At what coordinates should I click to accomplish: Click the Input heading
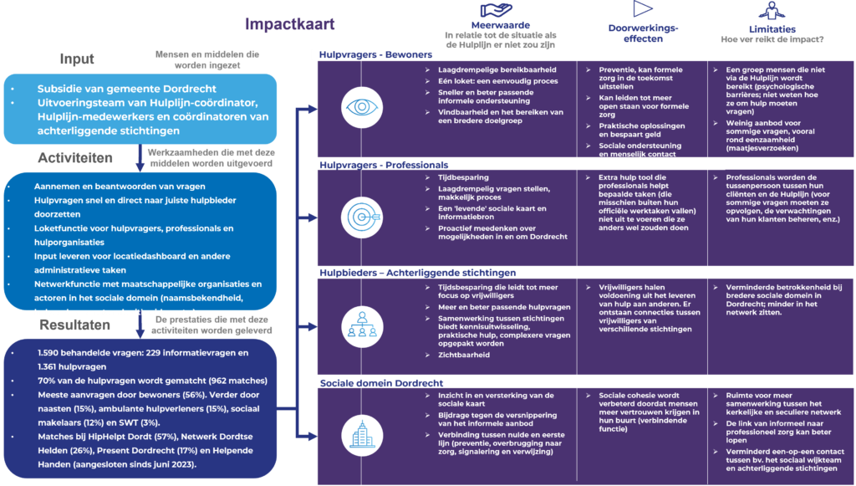(77, 59)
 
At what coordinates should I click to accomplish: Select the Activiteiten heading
(75, 158)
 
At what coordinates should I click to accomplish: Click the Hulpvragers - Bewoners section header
(375, 54)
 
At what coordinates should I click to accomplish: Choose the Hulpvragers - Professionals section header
(384, 165)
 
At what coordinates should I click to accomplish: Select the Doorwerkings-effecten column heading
(644, 33)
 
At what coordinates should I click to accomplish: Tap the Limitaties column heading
(772, 26)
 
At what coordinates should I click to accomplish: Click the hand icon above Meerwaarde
(500, 8)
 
